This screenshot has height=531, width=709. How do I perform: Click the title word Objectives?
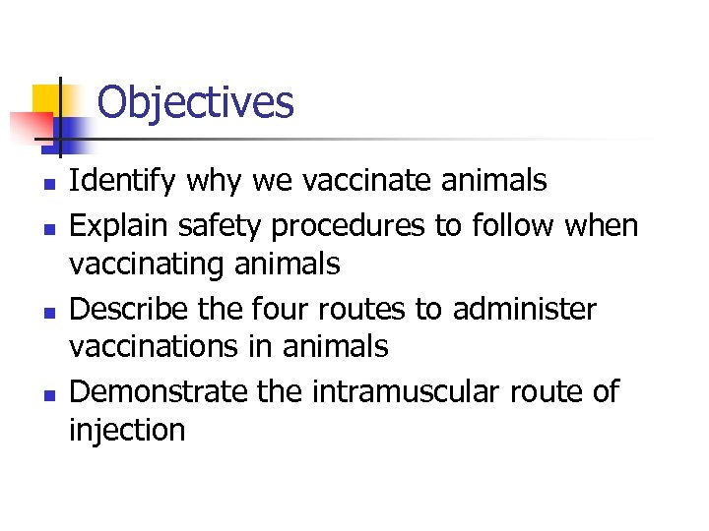click(x=195, y=102)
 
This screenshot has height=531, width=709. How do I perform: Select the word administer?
click(x=524, y=309)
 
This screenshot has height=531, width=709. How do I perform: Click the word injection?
click(x=127, y=430)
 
